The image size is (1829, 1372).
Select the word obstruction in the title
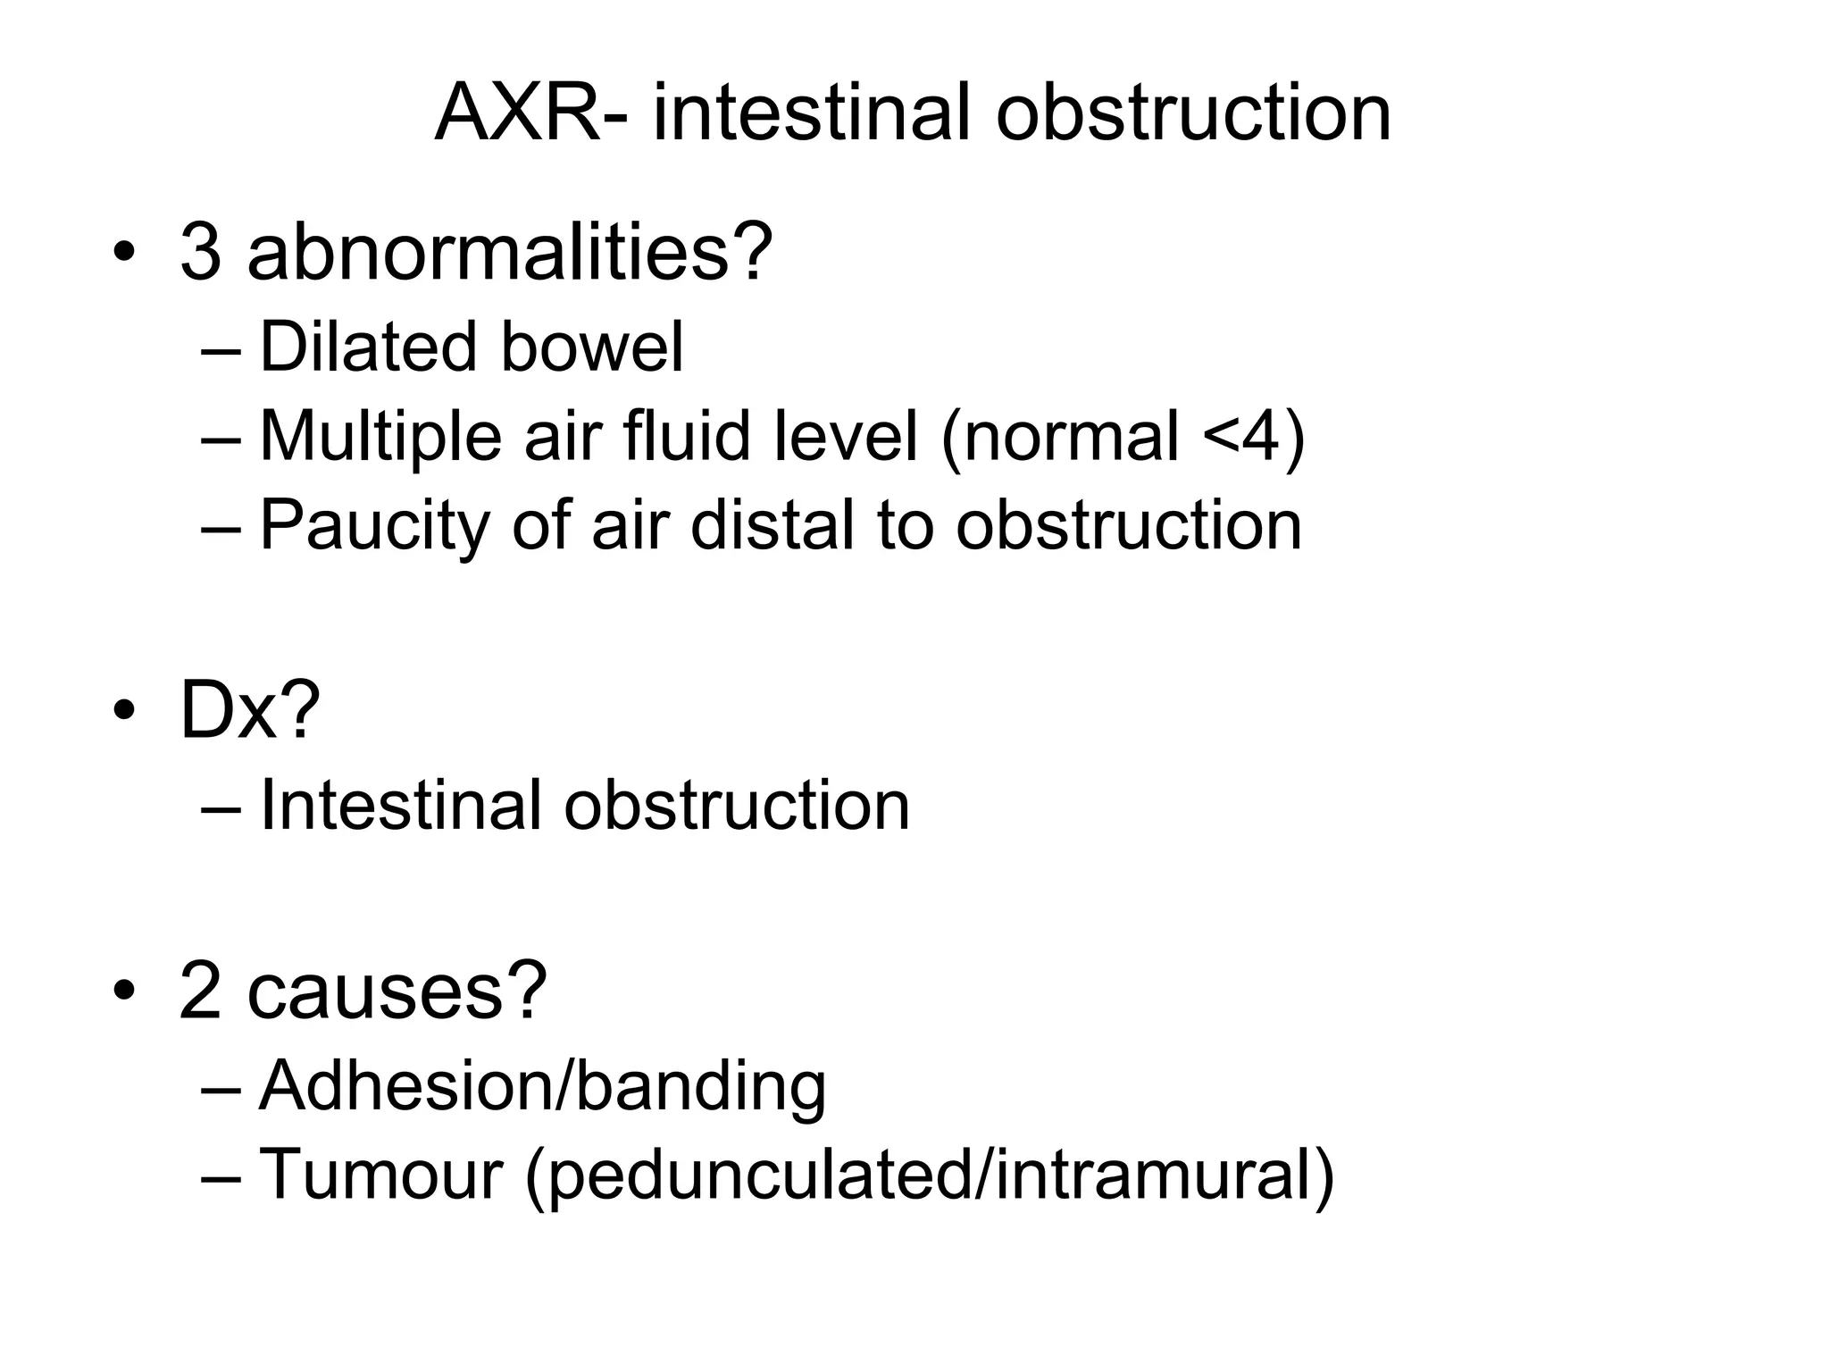pyautogui.click(x=1193, y=113)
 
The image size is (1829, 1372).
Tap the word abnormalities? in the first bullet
pyautogui.click(x=510, y=253)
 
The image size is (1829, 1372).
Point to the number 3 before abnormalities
pyautogui.click(x=201, y=253)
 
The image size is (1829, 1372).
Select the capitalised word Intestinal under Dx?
pyautogui.click(x=399, y=805)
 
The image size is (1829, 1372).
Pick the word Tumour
pyautogui.click(x=381, y=1174)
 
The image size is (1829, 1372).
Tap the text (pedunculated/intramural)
pyautogui.click(x=930, y=1175)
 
